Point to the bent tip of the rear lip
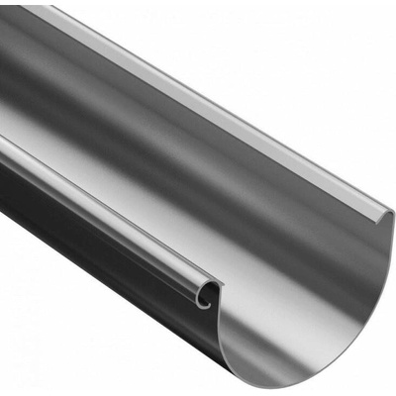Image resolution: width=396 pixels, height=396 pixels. click(388, 214)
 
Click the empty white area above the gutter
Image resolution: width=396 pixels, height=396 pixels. click(297, 59)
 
